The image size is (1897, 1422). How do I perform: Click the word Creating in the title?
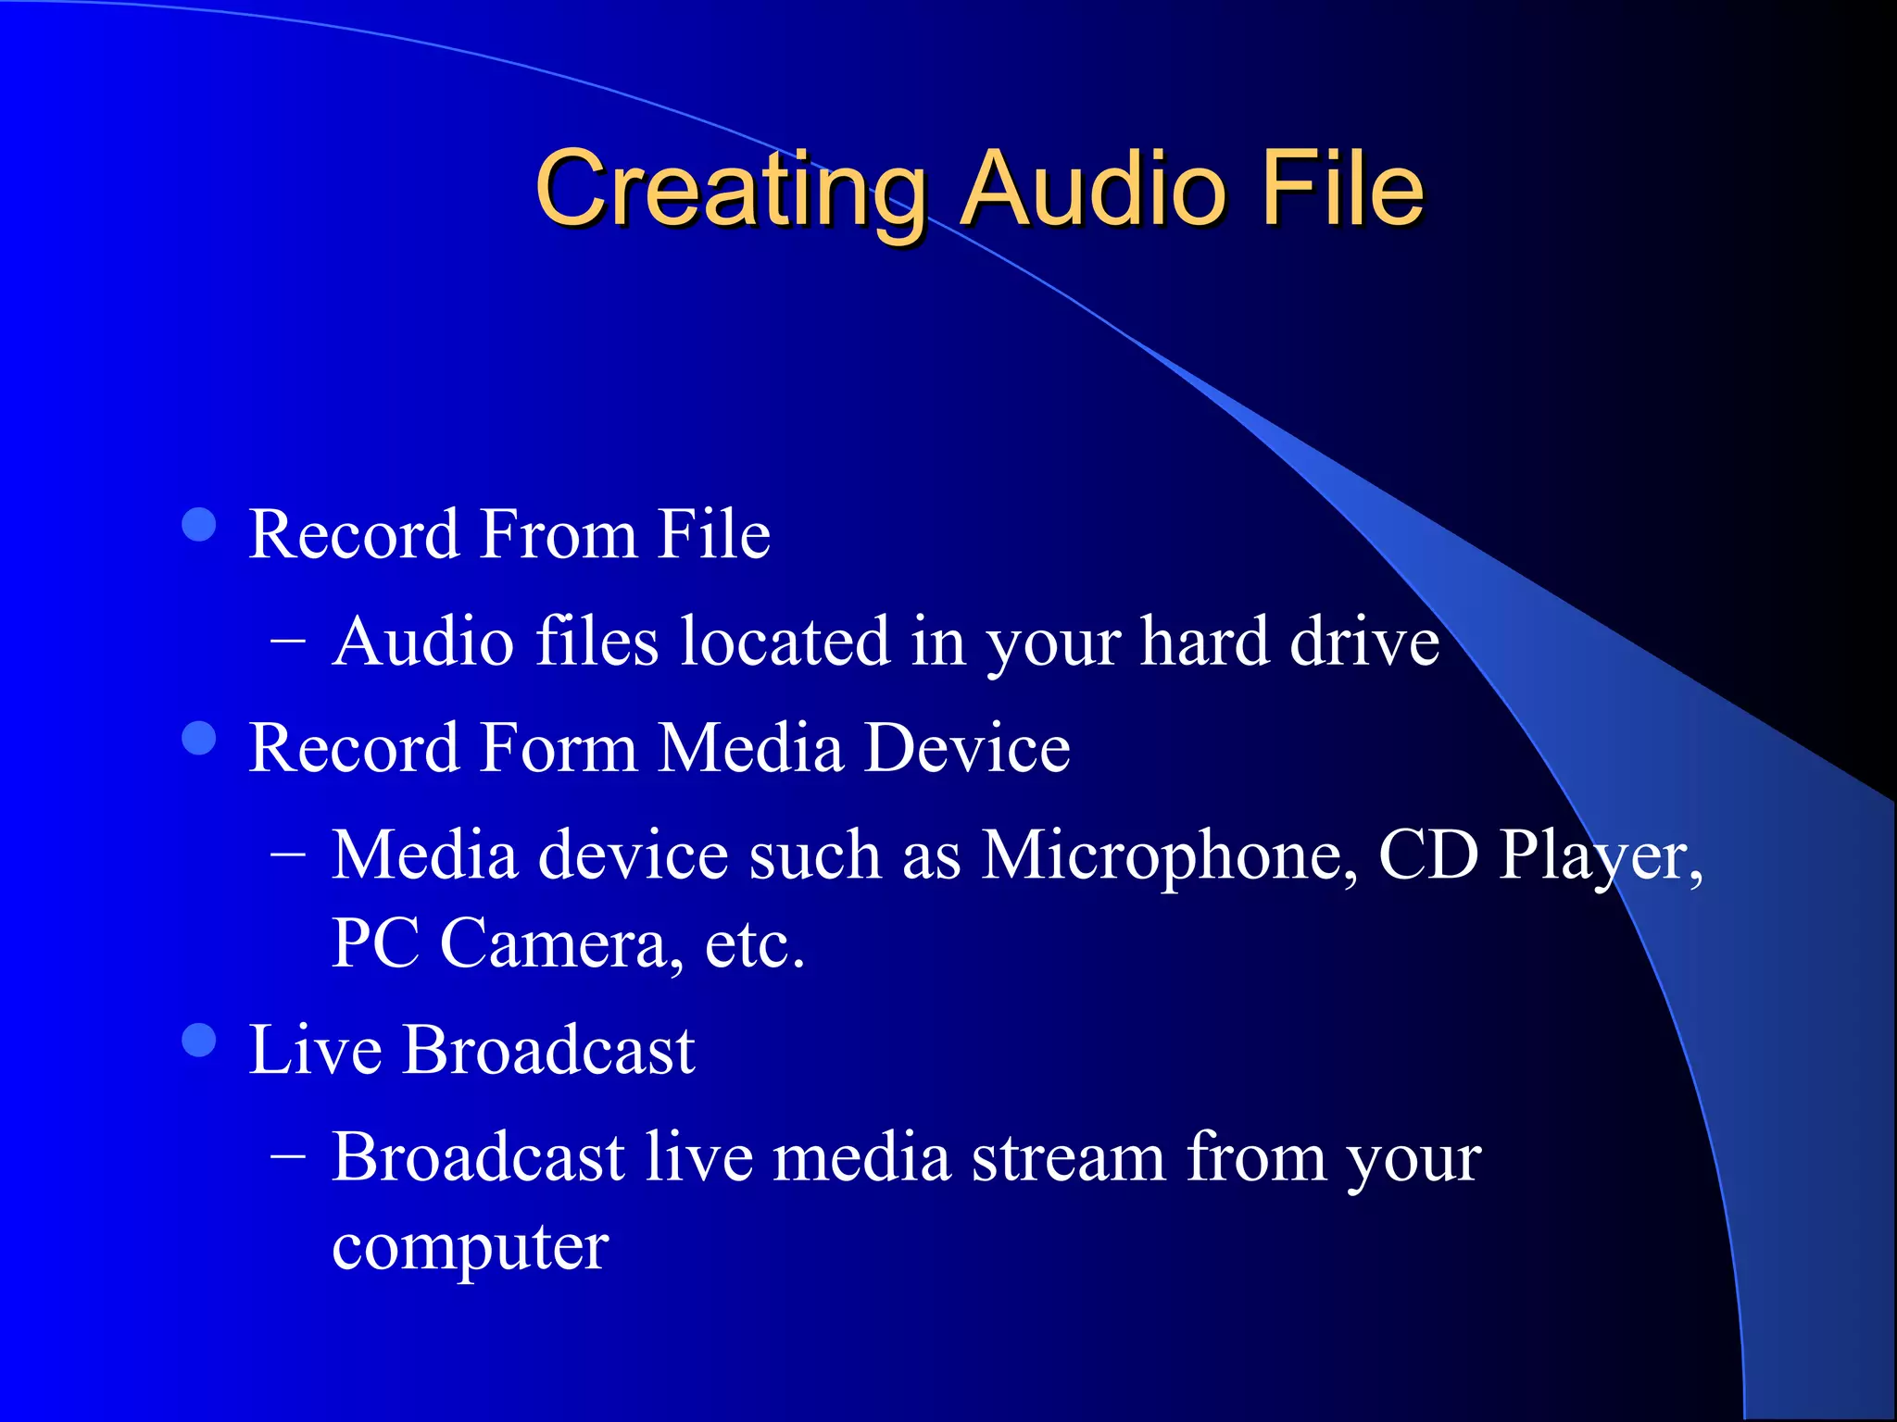tap(730, 190)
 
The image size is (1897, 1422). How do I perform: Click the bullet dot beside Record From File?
tap(199, 525)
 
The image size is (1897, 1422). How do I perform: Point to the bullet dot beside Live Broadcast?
tap(199, 1040)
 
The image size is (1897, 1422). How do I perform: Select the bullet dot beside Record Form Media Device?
tap(199, 739)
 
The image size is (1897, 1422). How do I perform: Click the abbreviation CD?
tap(1427, 854)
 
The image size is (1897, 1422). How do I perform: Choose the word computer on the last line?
tap(470, 1248)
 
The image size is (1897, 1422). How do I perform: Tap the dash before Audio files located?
tap(288, 639)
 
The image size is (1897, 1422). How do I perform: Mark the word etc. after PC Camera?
tap(754, 943)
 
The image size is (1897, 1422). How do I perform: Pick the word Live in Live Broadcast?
tap(316, 1051)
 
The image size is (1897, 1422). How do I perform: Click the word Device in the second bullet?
tap(967, 748)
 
